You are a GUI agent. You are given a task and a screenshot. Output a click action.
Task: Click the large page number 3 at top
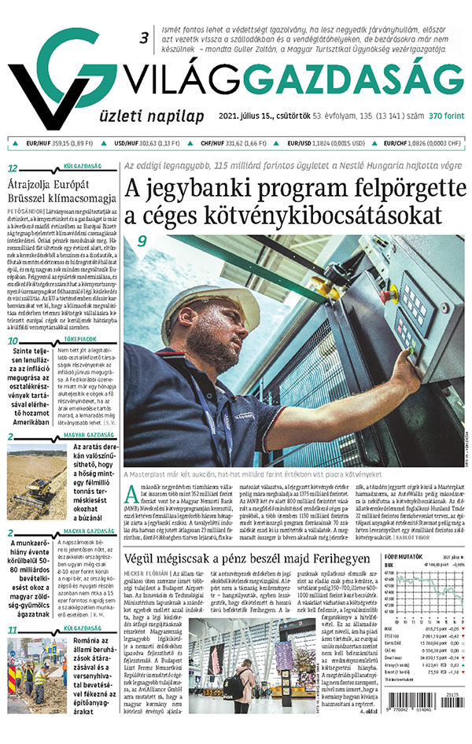[x=143, y=38]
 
